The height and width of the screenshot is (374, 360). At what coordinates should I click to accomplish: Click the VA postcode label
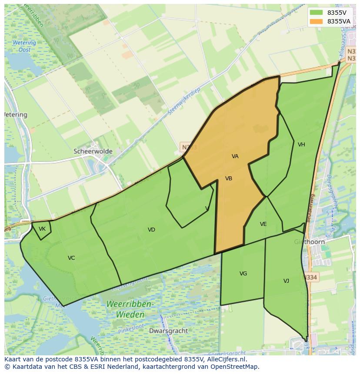click(x=235, y=156)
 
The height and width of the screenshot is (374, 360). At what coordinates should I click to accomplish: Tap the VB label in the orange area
click(x=229, y=179)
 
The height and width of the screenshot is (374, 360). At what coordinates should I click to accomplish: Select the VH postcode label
click(x=301, y=145)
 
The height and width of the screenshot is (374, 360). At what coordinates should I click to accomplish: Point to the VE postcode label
click(x=263, y=224)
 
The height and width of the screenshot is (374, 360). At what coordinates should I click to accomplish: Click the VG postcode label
click(x=243, y=274)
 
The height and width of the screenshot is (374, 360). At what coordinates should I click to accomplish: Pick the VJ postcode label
click(x=286, y=281)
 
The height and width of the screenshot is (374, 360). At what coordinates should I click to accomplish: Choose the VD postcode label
click(x=151, y=230)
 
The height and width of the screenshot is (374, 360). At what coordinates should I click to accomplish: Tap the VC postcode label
click(x=71, y=258)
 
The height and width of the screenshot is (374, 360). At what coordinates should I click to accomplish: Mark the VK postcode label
click(x=42, y=229)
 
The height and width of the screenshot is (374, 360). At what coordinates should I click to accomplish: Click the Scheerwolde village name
click(x=93, y=152)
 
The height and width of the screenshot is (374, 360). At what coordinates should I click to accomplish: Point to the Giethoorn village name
click(x=309, y=242)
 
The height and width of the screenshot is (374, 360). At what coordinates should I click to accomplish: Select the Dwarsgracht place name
click(x=168, y=331)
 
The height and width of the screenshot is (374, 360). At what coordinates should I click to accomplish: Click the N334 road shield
click(x=310, y=277)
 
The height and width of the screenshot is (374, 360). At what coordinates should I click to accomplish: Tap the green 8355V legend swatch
click(x=316, y=12)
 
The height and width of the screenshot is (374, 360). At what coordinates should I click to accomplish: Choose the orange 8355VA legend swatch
click(x=316, y=21)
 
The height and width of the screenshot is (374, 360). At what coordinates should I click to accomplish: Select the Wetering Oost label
click(x=24, y=46)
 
